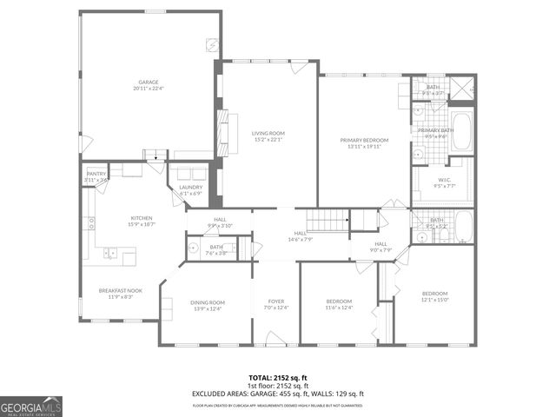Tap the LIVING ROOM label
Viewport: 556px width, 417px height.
(x=268, y=133)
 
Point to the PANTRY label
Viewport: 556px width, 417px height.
(x=96, y=174)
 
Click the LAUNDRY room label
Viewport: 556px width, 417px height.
(x=190, y=187)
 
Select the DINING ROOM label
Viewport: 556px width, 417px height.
(x=208, y=302)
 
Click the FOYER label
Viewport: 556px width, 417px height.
(x=275, y=302)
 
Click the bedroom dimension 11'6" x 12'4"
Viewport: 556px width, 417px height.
(x=338, y=307)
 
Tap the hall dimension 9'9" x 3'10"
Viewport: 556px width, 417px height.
(x=220, y=225)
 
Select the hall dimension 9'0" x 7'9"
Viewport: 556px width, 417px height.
(x=381, y=250)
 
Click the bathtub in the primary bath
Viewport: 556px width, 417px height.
(x=461, y=131)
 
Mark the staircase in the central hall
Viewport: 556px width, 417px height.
(x=328, y=222)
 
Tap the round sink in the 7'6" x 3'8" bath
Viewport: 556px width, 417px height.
(x=194, y=248)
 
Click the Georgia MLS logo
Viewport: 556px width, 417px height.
(x=32, y=405)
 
